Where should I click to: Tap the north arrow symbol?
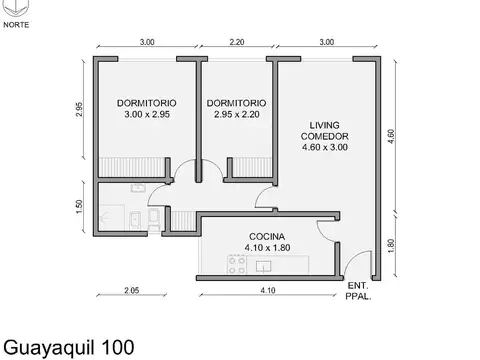(x=16, y=9)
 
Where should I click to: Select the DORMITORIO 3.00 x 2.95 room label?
(x=146, y=109)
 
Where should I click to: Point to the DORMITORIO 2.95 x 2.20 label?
(x=236, y=109)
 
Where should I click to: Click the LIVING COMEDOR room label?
(x=324, y=136)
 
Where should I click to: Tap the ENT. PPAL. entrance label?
(x=358, y=290)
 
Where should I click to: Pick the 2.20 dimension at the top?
(x=237, y=42)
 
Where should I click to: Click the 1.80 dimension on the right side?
(x=391, y=243)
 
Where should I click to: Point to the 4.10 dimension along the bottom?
(x=267, y=291)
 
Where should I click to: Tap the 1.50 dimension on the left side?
(x=79, y=207)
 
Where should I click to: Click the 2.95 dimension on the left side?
(x=79, y=110)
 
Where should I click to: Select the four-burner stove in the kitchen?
(x=238, y=265)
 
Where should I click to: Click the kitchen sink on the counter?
(x=266, y=266)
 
